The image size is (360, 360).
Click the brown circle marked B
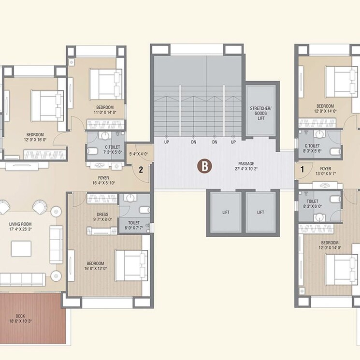(204, 167)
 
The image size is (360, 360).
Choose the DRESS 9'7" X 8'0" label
(102, 216)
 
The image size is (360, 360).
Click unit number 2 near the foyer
(141, 170)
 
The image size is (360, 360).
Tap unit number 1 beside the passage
(302, 170)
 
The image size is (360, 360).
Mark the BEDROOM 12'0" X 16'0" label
(35, 137)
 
